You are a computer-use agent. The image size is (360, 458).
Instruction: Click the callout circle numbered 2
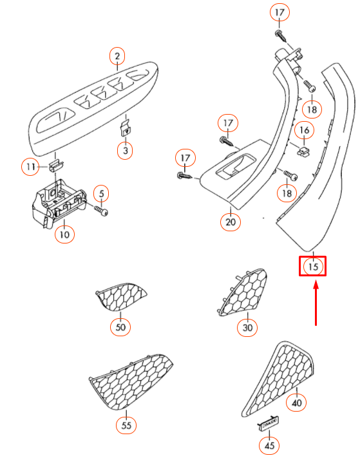coord(117,56)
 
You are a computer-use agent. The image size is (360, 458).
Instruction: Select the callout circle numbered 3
coord(125,151)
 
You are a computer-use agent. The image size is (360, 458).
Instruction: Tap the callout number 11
coord(30,167)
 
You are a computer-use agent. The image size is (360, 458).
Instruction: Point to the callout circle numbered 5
coord(101,193)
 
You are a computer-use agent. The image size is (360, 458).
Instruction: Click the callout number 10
coord(64,234)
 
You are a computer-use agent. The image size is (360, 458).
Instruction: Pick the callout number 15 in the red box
coord(313,267)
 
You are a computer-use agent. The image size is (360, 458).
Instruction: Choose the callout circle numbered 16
coord(304,130)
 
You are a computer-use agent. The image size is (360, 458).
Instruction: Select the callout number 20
coord(231,222)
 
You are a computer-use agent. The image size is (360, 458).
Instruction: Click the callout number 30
coord(247,328)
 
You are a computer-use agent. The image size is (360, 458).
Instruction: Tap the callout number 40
coord(296,403)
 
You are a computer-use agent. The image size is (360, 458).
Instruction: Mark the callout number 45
coord(269,446)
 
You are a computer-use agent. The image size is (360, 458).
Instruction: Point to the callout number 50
coord(120,327)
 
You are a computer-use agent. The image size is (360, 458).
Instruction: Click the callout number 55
coord(126,425)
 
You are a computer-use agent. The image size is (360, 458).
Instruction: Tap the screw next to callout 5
coord(101,210)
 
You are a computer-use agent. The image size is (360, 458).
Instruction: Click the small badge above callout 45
coord(268,422)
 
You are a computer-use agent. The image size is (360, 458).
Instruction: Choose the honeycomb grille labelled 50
coord(121,297)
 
